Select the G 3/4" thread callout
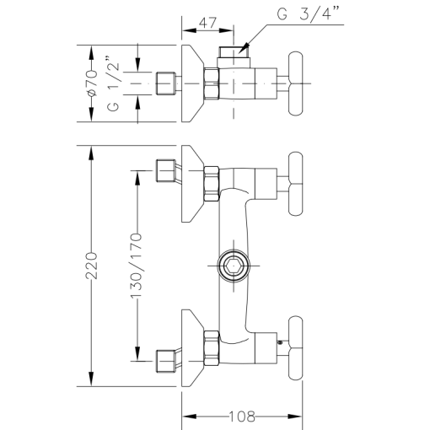coord(313,16)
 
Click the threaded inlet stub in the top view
coord(166,83)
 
